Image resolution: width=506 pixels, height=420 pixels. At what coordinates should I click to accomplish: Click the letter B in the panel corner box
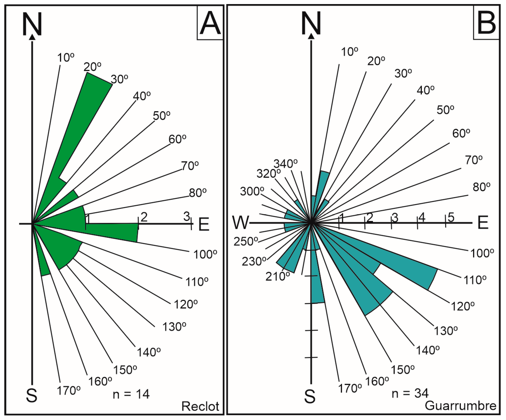[x=486, y=23]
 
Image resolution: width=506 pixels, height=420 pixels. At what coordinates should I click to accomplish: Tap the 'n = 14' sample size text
[x=131, y=394]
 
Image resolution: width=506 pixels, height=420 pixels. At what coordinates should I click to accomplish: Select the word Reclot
[x=200, y=407]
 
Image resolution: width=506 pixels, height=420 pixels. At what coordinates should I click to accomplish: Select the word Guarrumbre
[x=460, y=406]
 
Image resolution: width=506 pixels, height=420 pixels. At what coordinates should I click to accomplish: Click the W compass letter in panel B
[x=241, y=222]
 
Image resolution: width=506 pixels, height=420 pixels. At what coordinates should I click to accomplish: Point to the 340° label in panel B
[x=285, y=163]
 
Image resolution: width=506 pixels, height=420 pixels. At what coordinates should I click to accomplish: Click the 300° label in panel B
[x=252, y=191]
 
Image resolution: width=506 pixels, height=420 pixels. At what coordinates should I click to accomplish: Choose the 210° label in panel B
[x=278, y=276]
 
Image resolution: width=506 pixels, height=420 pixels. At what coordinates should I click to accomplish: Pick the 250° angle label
[x=246, y=241]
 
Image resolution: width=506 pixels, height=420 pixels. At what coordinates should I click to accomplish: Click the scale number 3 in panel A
[x=187, y=216]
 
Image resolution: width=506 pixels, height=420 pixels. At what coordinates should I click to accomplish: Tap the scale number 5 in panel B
[x=451, y=217]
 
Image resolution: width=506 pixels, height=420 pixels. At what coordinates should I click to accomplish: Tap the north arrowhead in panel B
[x=311, y=36]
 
